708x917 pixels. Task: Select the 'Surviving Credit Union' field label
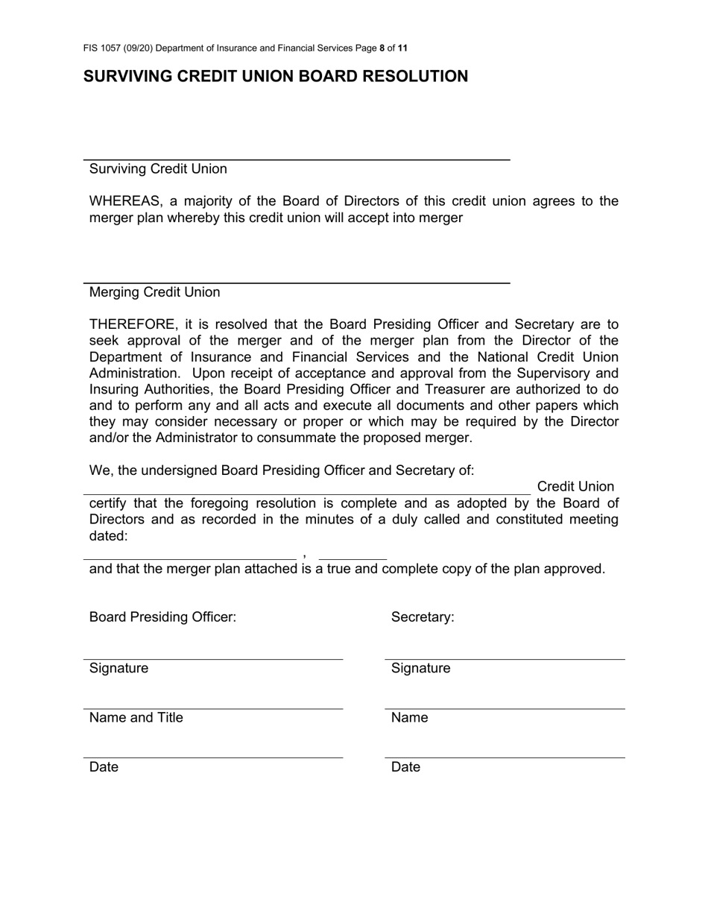click(x=158, y=168)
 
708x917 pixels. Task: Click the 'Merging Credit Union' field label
click(x=154, y=292)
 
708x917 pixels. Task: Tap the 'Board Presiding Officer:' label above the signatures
click(x=162, y=617)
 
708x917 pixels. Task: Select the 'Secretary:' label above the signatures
click(x=423, y=617)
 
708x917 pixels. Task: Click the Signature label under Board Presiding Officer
click(x=118, y=668)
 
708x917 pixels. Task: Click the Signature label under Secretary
click(x=420, y=668)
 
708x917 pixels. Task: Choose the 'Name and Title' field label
click(x=136, y=717)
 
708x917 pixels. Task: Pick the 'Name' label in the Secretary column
click(x=409, y=717)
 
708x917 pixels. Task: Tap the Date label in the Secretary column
click(x=405, y=767)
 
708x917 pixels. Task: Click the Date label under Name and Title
click(x=104, y=767)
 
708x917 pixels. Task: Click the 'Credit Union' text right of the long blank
click(x=575, y=487)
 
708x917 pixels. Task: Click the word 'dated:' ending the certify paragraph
click(x=108, y=536)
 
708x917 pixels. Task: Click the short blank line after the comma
click(x=353, y=558)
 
